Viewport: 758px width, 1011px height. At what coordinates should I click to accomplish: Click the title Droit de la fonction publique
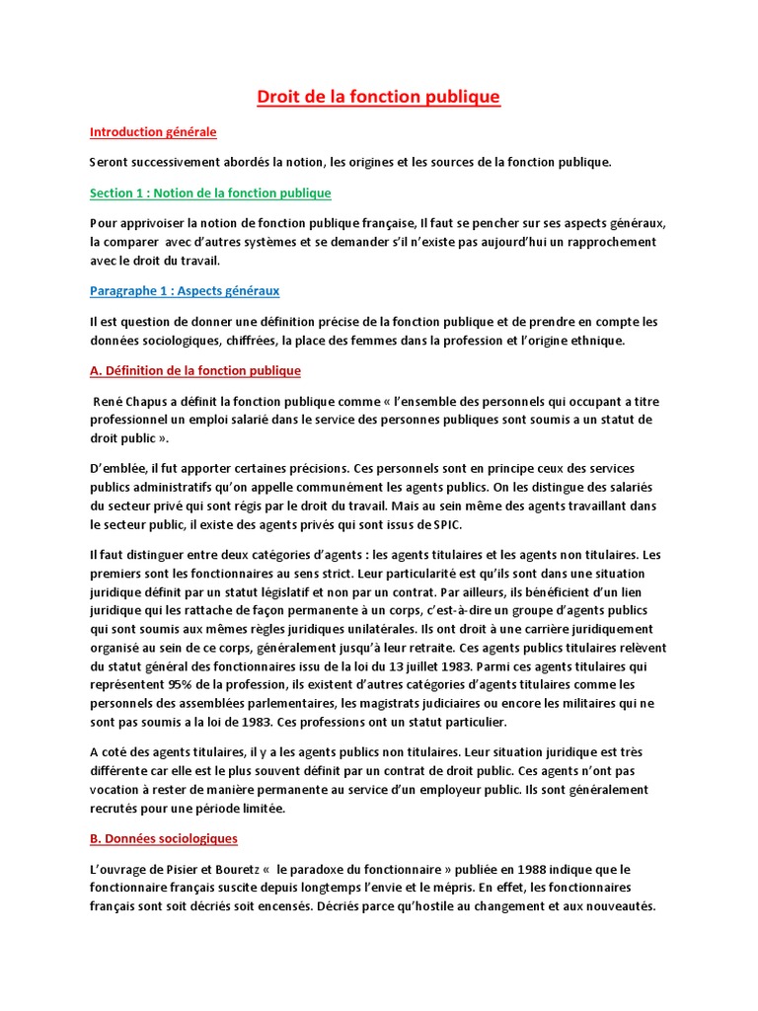point(379,97)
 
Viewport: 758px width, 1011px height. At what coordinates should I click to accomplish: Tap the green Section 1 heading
point(210,193)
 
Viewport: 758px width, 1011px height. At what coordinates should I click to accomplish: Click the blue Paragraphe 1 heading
point(185,290)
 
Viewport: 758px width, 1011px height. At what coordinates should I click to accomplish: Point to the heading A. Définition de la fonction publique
point(194,370)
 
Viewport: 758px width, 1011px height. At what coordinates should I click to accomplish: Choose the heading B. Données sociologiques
point(163,838)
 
